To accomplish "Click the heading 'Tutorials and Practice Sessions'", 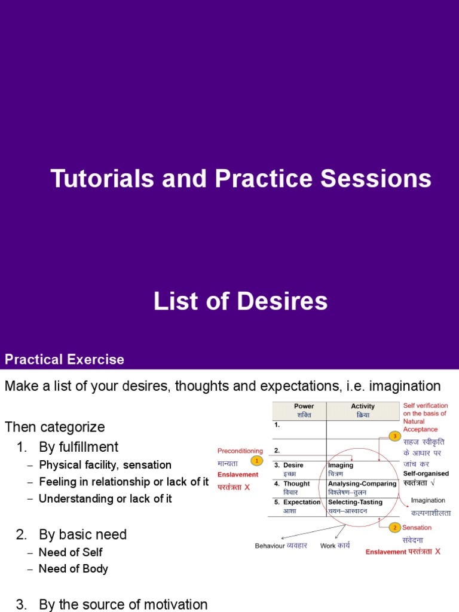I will (x=241, y=179).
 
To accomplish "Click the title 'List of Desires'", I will (x=241, y=301).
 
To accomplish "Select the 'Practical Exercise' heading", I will (x=65, y=360).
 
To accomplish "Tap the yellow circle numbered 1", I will (x=256, y=461).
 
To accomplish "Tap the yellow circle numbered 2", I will (x=394, y=527).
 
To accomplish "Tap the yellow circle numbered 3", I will (x=394, y=436).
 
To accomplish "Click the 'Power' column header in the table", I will (x=304, y=406).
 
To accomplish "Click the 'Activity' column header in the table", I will (x=363, y=406).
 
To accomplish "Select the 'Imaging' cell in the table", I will (x=341, y=465).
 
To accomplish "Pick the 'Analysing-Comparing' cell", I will (x=362, y=484).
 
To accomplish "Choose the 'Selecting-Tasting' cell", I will (x=355, y=502).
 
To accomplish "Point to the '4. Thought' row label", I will (x=292, y=484).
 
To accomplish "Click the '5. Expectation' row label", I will (x=298, y=502).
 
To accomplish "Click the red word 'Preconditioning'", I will (x=240, y=451).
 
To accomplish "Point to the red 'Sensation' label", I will (x=417, y=528).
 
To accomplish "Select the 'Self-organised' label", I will (x=426, y=473).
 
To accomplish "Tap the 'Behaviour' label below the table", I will (x=270, y=546).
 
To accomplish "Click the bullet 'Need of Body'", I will (x=74, y=568).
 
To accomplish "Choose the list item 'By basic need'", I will (x=82, y=534).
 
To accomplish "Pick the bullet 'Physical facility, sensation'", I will (x=105, y=465).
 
